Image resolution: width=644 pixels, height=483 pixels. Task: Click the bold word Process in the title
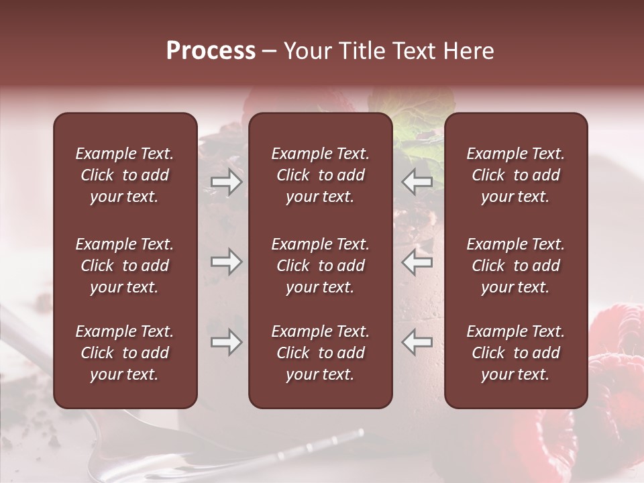(x=211, y=51)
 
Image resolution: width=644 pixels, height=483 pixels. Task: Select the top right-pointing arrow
(x=226, y=182)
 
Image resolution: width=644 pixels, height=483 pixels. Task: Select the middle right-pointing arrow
(x=226, y=262)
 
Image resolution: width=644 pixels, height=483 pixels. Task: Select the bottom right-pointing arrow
(x=226, y=343)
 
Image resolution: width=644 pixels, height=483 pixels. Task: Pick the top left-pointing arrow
(x=417, y=182)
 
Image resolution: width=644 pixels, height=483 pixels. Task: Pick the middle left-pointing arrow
(x=417, y=262)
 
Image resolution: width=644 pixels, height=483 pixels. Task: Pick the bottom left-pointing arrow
(x=417, y=343)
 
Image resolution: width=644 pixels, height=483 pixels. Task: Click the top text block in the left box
(x=125, y=175)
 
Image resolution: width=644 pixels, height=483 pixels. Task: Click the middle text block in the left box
(x=125, y=266)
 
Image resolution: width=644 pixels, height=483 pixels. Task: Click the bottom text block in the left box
(x=125, y=353)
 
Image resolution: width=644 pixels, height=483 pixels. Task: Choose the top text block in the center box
(x=321, y=175)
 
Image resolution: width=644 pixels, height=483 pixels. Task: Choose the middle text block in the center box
(x=321, y=266)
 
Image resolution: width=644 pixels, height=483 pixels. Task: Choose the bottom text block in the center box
(x=321, y=353)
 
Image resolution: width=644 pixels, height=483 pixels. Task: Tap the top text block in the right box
(x=516, y=175)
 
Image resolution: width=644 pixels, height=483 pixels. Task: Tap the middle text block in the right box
(x=516, y=266)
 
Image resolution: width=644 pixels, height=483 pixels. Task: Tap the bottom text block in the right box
(x=516, y=353)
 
